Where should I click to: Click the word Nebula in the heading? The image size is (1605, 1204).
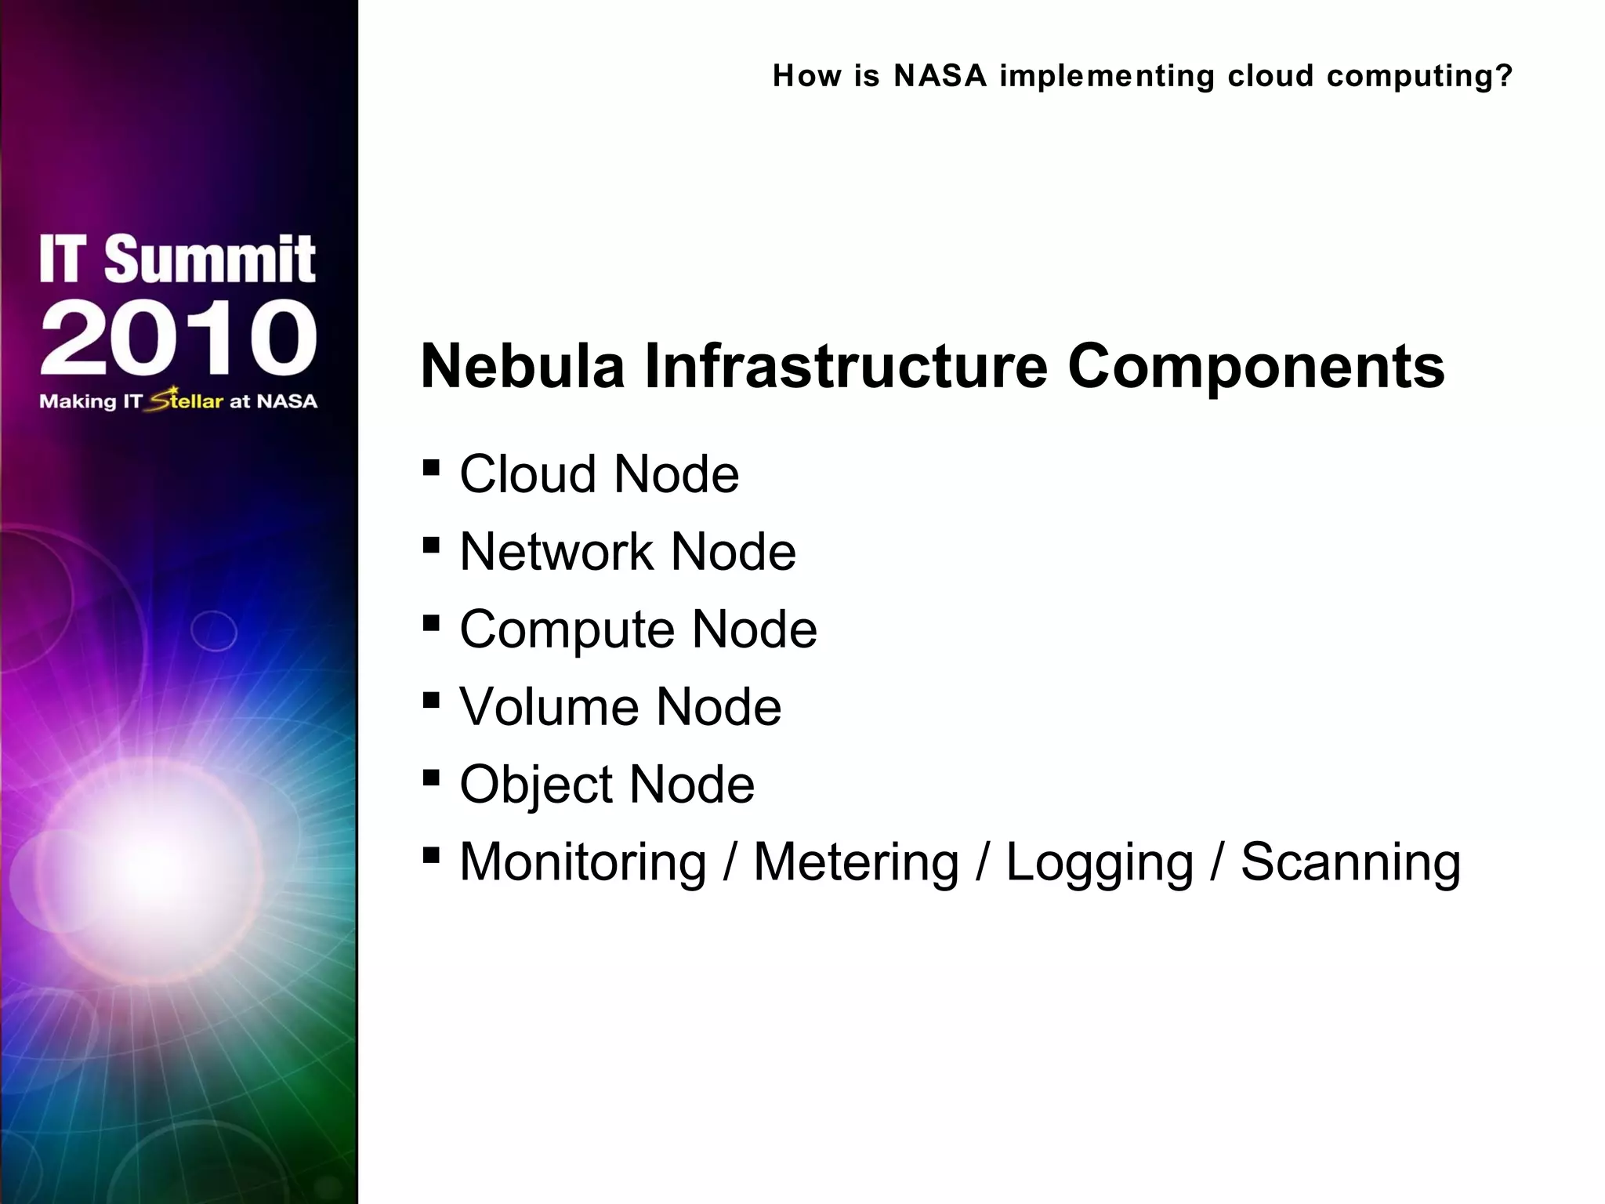click(522, 367)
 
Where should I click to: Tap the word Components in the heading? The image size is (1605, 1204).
click(1255, 367)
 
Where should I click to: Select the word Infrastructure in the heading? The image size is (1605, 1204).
click(846, 367)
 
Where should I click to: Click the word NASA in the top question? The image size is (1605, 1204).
click(940, 76)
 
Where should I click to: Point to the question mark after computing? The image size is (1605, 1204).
click(1504, 76)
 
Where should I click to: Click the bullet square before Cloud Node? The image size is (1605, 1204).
click(430, 468)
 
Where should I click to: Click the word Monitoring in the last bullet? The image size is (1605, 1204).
click(582, 862)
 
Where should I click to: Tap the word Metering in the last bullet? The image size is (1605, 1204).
click(856, 862)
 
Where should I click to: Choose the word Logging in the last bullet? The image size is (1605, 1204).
click(1099, 862)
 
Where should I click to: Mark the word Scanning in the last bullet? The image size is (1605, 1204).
click(1350, 862)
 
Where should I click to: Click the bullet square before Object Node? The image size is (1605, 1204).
click(430, 778)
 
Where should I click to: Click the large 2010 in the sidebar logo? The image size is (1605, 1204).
click(179, 339)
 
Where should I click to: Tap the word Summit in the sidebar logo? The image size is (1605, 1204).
click(209, 259)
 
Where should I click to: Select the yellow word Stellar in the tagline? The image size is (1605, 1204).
click(187, 401)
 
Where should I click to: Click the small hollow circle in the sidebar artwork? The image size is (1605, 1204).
click(214, 631)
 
